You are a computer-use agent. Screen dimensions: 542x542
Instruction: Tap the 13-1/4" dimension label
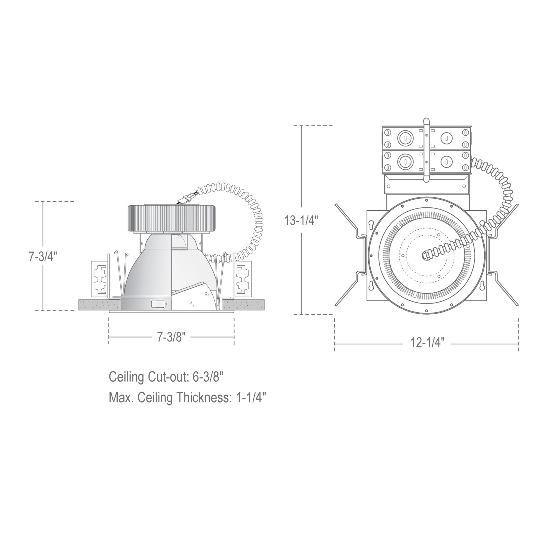pos(302,220)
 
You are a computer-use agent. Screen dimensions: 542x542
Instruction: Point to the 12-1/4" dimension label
pos(427,343)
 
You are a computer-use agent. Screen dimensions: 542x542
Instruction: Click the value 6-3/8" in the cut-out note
pos(207,377)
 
